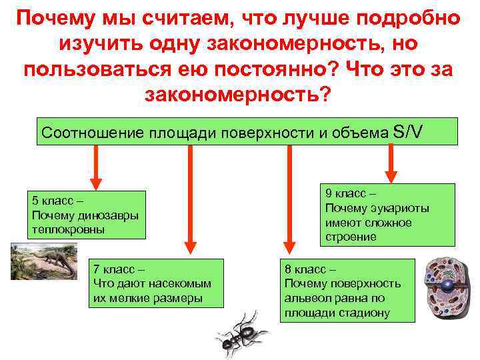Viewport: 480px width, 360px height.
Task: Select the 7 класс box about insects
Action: pos(156,283)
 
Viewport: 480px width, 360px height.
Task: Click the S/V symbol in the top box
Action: pos(408,131)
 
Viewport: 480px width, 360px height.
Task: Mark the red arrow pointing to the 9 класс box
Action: pos(389,163)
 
